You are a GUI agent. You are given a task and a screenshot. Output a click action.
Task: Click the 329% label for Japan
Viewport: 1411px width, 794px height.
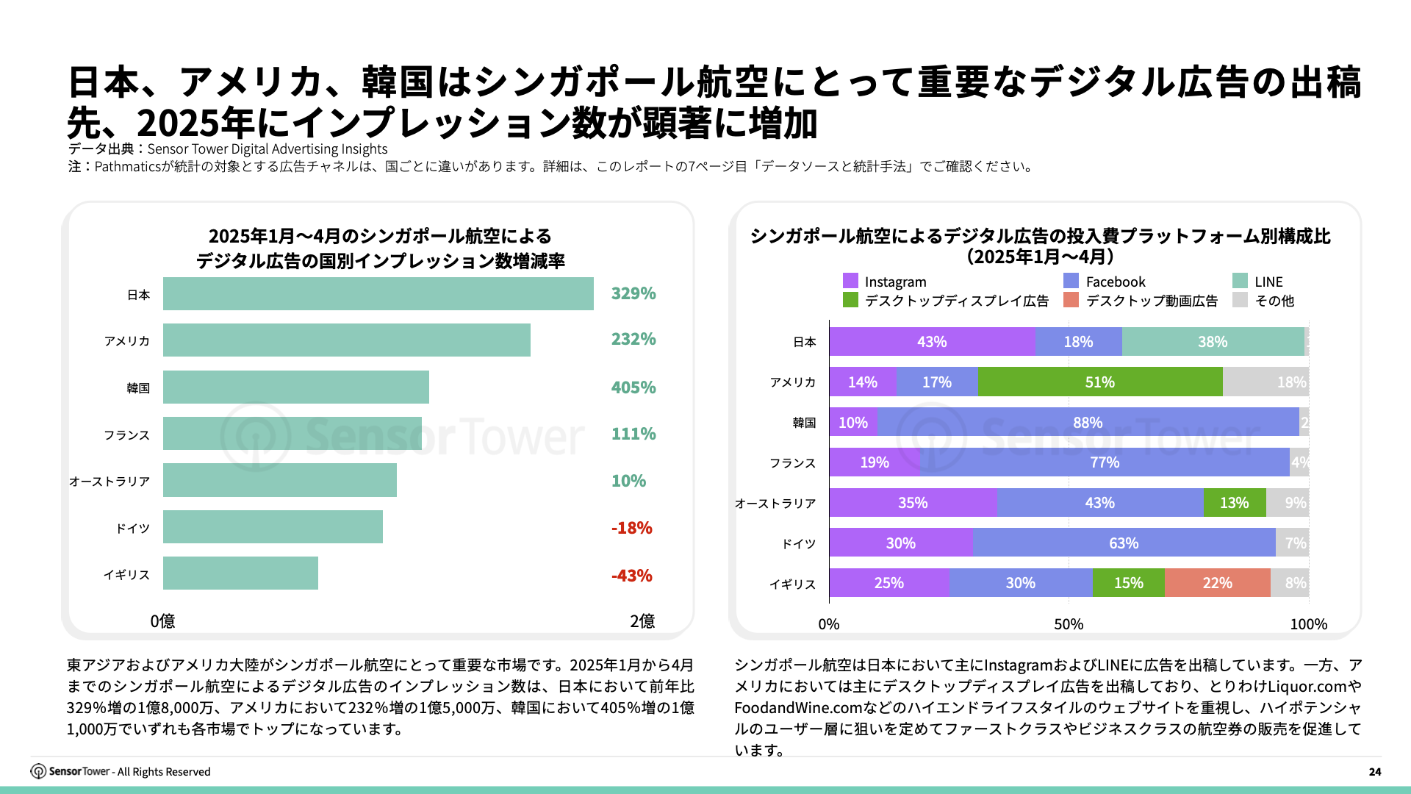tap(633, 293)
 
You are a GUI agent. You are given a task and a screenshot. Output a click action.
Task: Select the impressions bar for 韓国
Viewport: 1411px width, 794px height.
tap(295, 387)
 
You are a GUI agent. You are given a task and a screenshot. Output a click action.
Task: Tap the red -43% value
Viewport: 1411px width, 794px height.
tap(631, 576)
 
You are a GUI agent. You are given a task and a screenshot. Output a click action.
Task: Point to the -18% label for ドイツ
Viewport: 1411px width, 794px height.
tap(631, 528)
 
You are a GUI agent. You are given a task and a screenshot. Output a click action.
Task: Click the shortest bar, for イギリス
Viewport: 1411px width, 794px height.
tap(240, 573)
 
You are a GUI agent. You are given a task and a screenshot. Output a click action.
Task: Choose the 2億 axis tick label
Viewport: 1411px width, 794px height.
tap(642, 621)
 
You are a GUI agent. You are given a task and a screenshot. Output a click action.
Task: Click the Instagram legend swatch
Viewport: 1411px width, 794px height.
tap(850, 281)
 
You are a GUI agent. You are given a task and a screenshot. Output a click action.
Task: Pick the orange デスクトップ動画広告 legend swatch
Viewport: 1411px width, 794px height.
tap(1071, 300)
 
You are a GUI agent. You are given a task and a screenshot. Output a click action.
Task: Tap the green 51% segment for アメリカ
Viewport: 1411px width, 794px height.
tap(1099, 382)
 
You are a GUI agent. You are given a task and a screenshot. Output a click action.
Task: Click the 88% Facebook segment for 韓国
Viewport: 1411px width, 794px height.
tap(1087, 423)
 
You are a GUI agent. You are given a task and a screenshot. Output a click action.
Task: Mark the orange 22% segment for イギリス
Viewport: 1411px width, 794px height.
tap(1217, 583)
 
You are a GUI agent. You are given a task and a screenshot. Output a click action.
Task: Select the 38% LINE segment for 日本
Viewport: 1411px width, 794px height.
tap(1212, 342)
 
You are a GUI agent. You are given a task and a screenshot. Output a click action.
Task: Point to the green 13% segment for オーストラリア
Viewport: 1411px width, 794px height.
tap(1234, 503)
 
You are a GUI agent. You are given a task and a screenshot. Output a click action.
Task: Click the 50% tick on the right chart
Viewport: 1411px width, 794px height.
tap(1068, 624)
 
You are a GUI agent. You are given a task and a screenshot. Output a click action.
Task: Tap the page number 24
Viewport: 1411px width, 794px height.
tap(1374, 771)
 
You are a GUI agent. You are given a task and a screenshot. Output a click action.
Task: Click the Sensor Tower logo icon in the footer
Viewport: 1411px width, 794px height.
tap(38, 771)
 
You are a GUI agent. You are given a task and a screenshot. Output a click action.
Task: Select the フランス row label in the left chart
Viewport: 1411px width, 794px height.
tap(126, 435)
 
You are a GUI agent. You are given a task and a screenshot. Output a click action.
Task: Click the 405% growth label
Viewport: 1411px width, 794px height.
tap(633, 387)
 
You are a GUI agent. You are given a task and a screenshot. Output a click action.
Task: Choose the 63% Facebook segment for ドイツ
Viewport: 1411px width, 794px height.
tap(1123, 543)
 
